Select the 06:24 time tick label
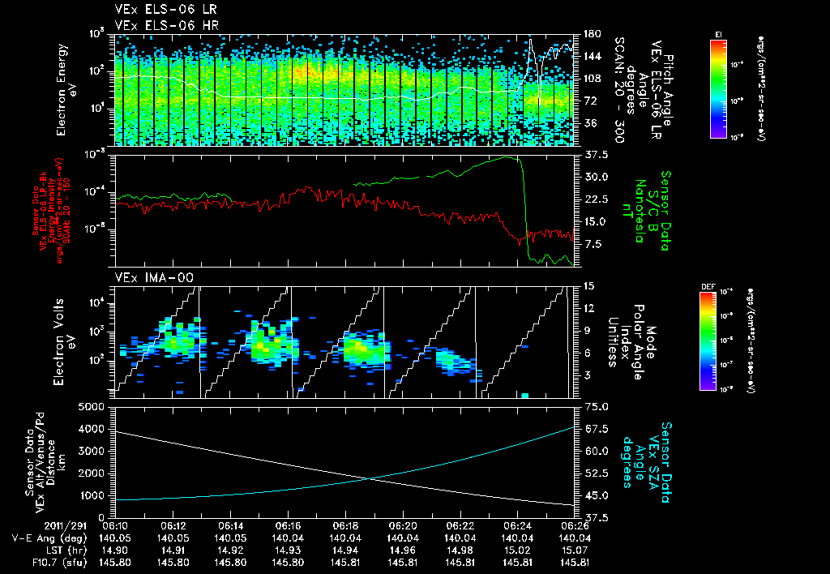(x=516, y=526)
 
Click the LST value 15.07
(x=573, y=550)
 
